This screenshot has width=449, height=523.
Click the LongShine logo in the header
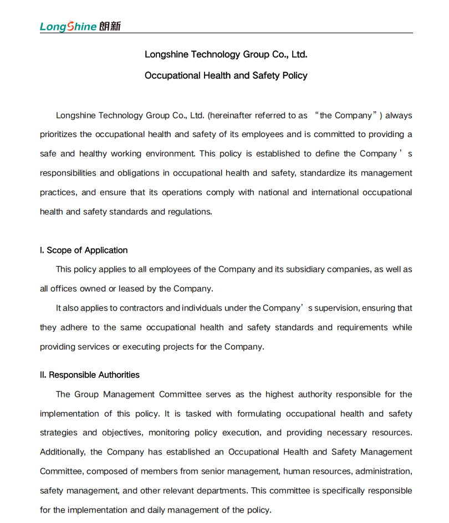point(68,27)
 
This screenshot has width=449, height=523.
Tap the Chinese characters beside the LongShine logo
point(110,27)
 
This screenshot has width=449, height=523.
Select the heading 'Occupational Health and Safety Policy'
point(226,75)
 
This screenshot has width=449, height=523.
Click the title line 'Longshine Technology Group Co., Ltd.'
point(226,54)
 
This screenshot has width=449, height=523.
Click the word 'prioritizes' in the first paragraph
point(58,134)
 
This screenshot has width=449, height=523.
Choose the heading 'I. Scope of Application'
point(84,250)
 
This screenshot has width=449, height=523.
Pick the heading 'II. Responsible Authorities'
point(90,375)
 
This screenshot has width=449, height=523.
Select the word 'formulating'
point(260,414)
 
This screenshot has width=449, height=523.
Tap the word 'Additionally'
point(62,452)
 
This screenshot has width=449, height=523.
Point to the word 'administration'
point(383,472)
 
